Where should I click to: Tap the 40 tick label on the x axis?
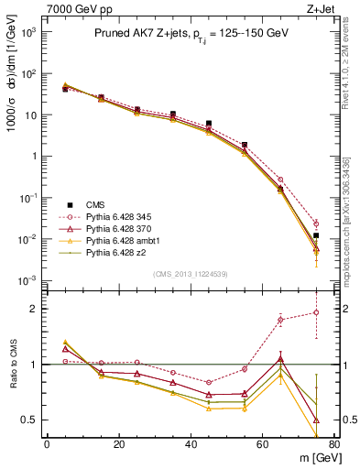(x=191, y=445)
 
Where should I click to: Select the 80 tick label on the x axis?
(x=334, y=445)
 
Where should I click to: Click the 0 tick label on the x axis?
(x=47, y=445)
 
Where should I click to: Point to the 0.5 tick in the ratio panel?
(x=30, y=420)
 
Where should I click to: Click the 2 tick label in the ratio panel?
(x=35, y=309)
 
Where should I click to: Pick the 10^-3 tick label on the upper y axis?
(x=27, y=280)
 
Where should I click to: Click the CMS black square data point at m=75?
(x=316, y=235)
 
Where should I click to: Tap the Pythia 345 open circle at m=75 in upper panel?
(x=316, y=224)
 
